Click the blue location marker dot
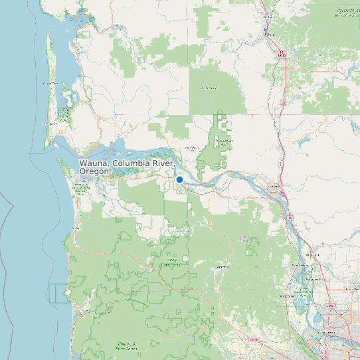pyautogui.click(x=179, y=179)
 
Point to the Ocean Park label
pyautogui.click(x=50, y=84)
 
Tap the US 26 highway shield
pyautogui.click(x=252, y=339)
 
